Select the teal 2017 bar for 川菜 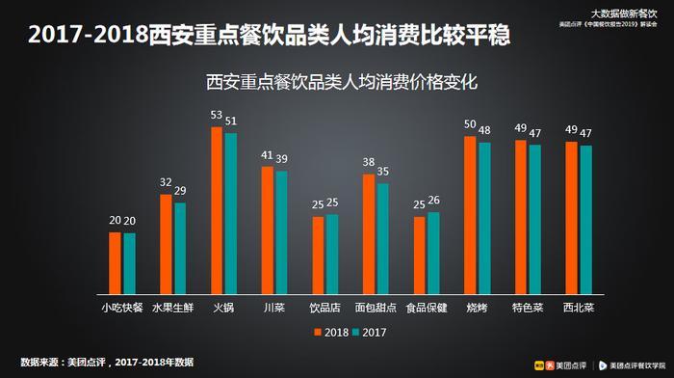[281, 232]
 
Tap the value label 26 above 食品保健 [433, 201]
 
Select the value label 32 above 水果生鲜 [166, 182]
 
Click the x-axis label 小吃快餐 [122, 308]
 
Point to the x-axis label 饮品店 [324, 308]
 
